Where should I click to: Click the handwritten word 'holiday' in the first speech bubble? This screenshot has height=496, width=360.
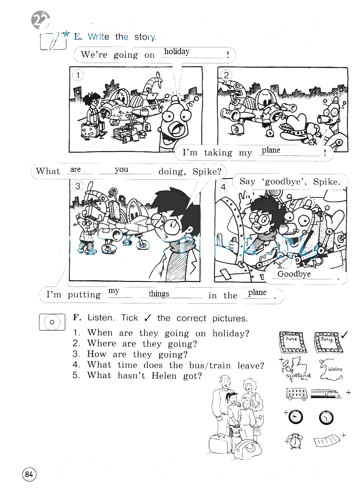pos(177,52)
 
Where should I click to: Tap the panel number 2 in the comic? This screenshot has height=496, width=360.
pos(226,75)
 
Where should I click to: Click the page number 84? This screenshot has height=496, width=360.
pos(29,474)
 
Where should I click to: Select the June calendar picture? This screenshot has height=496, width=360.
pos(293,342)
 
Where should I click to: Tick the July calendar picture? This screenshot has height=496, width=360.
pos(328,343)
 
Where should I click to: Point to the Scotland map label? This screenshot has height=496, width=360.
pos(298,376)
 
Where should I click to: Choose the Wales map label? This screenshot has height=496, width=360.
pos(335,369)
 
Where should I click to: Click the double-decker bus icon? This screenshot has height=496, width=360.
pos(297,394)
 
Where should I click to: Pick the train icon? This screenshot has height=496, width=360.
pos(326,393)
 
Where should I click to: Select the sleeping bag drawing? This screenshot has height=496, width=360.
pos(327,441)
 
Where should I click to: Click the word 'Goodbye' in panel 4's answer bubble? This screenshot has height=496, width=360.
pos(294,274)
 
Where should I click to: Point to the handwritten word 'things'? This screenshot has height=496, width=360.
pos(159,294)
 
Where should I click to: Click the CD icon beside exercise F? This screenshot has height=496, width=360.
pos(52,322)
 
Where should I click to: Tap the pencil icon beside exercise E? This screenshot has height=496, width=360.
pos(53,41)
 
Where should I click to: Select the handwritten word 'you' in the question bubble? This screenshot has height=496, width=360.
pos(122,170)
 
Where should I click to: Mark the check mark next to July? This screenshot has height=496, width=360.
pos(344,334)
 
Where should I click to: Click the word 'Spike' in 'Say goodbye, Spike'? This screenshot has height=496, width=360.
pos(326,182)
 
